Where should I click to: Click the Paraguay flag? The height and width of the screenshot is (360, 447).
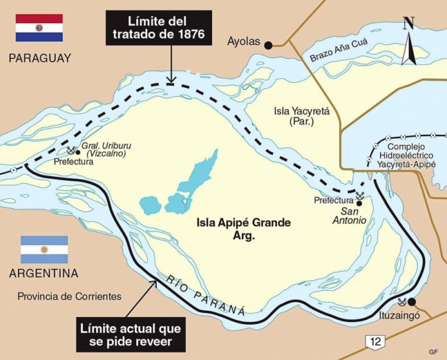coord(39,28)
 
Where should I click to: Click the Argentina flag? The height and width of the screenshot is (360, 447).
coord(44,249)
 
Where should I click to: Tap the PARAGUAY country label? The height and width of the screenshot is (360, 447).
coord(40,59)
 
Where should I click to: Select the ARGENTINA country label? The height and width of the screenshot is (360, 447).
coord(44,273)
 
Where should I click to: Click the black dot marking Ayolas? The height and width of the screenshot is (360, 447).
coord(269,44)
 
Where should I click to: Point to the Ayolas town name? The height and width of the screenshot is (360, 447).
coord(244,42)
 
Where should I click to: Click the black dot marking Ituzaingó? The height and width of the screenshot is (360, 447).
coord(412,302)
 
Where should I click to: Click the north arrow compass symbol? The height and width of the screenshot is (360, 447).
coord(408,42)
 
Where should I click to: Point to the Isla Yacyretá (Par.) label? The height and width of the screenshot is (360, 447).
coord(301,116)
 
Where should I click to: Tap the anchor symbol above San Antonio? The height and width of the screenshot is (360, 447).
coord(360,195)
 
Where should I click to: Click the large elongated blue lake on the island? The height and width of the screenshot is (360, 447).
coord(196,176)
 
